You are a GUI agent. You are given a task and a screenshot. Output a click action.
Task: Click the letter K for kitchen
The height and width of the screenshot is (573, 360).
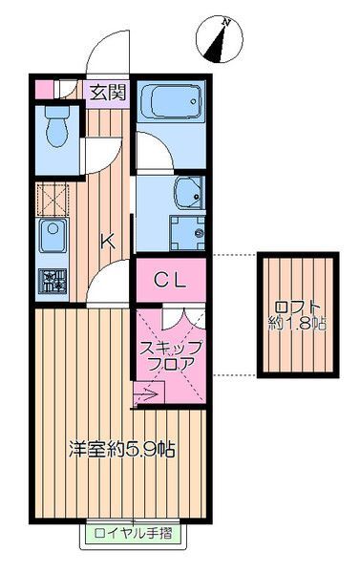click(109, 242)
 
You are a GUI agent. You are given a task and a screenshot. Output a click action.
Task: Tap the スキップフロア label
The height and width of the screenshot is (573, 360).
click(171, 353)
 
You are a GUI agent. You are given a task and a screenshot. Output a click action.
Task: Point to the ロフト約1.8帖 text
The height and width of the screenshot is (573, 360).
click(299, 315)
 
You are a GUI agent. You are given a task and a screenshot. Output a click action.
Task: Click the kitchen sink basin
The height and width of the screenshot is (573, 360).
click(51, 233)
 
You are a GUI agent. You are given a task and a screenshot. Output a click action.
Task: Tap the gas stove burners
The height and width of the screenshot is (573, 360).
click(51, 281)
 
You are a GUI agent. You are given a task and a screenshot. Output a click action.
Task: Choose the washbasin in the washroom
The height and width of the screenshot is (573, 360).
click(187, 192)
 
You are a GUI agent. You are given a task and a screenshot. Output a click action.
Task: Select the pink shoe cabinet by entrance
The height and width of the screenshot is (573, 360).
click(45, 92)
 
